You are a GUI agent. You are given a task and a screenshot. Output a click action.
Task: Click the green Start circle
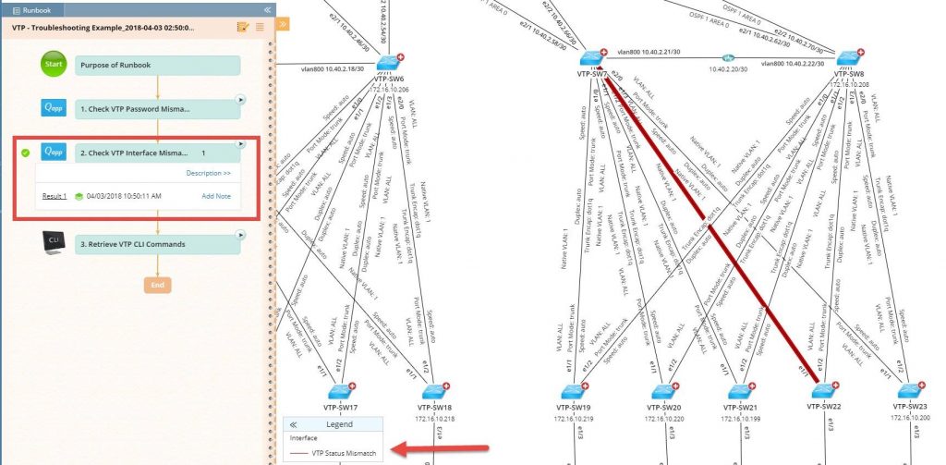click(54, 65)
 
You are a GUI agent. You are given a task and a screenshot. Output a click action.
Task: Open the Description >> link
click(208, 173)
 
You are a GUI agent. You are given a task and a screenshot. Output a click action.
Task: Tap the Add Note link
click(216, 196)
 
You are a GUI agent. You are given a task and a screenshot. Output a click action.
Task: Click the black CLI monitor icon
click(54, 243)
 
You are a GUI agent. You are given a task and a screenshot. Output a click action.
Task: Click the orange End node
click(157, 285)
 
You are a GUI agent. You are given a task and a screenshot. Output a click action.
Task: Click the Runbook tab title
click(37, 8)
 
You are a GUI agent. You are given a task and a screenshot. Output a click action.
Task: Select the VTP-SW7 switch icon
click(592, 55)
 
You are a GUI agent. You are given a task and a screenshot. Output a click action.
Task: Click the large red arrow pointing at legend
click(439, 450)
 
